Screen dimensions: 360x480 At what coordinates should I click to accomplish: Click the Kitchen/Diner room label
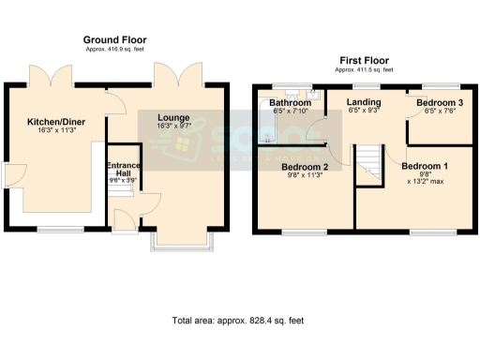pos(52,122)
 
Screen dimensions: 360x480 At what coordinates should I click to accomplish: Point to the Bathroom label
pos(291,102)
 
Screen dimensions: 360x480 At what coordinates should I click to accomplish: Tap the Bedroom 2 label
pos(304,168)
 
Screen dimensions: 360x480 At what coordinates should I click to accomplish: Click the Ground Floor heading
pos(114,40)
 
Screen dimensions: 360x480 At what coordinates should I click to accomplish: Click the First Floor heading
pos(366,59)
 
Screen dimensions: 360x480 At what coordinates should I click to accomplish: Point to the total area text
pos(238,321)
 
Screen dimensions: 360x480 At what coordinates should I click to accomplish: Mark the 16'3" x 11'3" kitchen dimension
pos(52,132)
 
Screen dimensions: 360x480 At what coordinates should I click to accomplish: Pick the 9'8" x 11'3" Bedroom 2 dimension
pos(304,178)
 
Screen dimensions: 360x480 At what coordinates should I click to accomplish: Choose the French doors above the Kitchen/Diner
pos(52,76)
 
